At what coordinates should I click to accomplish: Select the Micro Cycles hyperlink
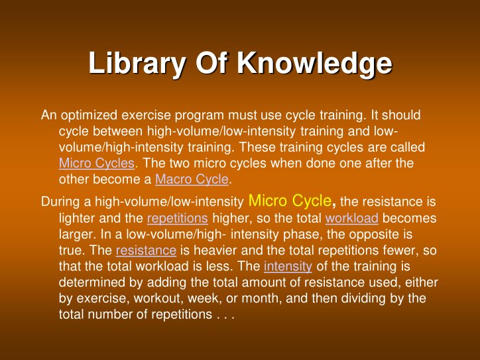pos(97,163)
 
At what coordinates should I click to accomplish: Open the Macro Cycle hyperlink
pos(192,179)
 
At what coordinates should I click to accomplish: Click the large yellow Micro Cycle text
pos(290,200)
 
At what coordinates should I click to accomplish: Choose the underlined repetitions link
pos(177,218)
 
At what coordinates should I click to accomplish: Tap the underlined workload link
pos(352,218)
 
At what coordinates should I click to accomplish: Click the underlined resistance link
pos(146,251)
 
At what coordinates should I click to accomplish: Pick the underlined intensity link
pos(288,267)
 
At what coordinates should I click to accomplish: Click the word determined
pos(88,282)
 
